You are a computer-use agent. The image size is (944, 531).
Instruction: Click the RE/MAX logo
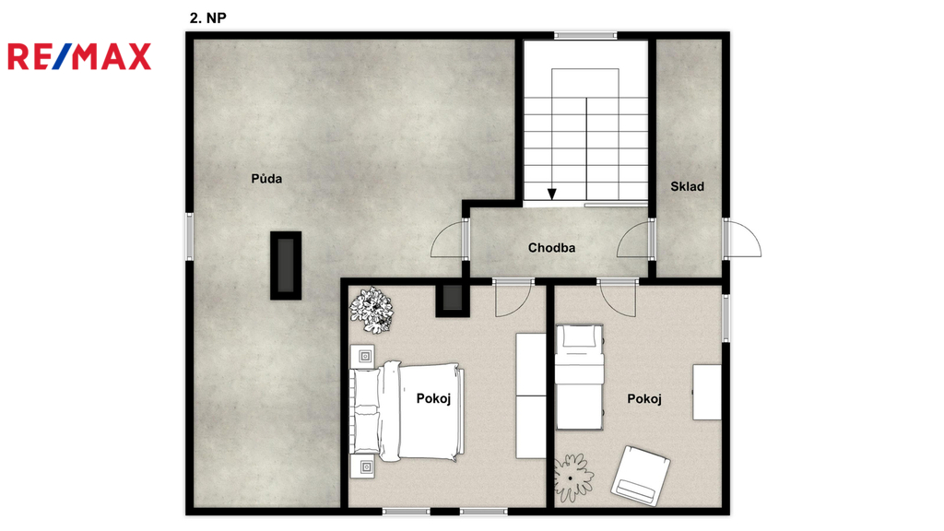click(x=79, y=56)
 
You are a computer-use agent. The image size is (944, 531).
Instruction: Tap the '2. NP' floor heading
click(x=207, y=18)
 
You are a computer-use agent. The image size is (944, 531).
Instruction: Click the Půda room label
click(x=266, y=178)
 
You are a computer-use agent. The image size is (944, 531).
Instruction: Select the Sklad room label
click(x=687, y=186)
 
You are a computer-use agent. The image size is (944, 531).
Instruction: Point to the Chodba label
click(x=551, y=247)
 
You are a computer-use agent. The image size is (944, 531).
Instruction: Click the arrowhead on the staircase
click(x=551, y=194)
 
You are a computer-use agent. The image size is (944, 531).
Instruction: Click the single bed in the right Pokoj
click(x=579, y=377)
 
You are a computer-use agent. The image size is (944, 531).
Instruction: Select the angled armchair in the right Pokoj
click(x=641, y=475)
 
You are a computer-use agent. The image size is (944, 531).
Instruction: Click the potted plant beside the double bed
click(x=372, y=310)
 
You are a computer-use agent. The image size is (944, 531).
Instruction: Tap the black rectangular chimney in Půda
click(x=286, y=265)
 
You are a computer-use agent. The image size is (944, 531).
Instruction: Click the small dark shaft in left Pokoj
click(x=452, y=299)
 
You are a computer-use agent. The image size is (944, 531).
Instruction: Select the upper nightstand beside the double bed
click(x=362, y=357)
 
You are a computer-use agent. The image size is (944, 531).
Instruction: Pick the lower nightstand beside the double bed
click(x=362, y=466)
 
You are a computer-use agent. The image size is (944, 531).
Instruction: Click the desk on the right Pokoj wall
click(x=707, y=392)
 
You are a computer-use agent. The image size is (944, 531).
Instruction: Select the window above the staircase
click(x=585, y=36)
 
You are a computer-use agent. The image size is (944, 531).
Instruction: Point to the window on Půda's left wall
click(x=189, y=236)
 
